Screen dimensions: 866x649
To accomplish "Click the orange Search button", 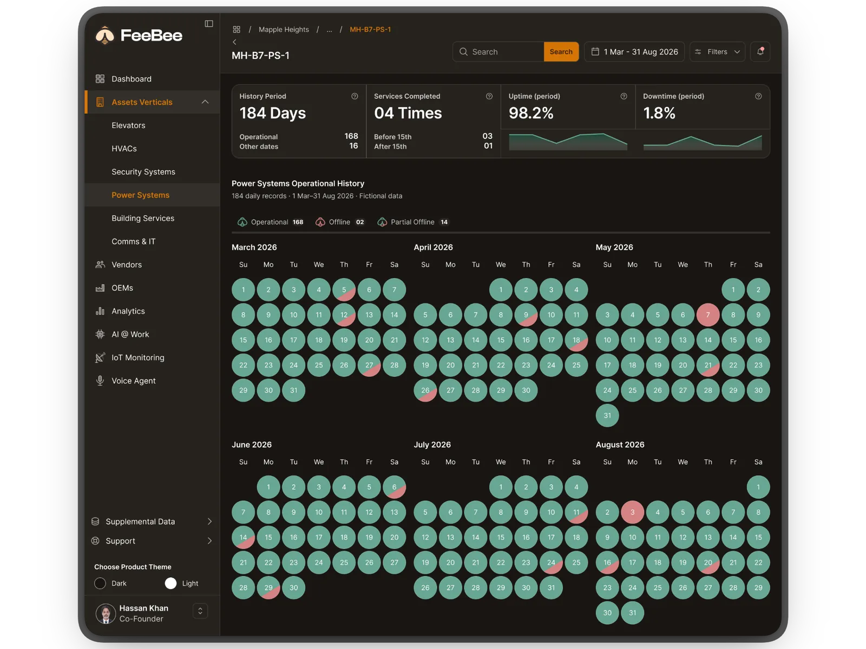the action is [x=561, y=51].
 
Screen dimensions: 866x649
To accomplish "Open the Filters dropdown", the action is [x=717, y=51].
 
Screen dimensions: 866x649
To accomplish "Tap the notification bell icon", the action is [x=760, y=51].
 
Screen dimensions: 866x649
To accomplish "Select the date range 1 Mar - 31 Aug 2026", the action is [x=634, y=51].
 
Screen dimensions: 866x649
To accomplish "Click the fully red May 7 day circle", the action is [x=708, y=315].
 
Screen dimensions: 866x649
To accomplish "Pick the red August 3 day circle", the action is [x=632, y=512].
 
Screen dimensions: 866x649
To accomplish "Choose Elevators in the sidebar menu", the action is [x=128, y=125].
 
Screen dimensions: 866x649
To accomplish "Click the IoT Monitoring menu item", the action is [x=137, y=357].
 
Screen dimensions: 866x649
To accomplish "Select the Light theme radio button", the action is [x=170, y=583].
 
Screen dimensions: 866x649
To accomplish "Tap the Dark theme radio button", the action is [x=100, y=583].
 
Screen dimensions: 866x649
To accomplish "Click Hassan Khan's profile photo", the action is [x=106, y=613].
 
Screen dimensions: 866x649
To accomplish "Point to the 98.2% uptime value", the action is [x=531, y=113].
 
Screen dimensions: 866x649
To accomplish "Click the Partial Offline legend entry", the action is [x=413, y=222].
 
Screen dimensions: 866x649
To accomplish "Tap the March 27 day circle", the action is [x=369, y=365].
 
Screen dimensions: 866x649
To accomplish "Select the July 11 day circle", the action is [x=576, y=512].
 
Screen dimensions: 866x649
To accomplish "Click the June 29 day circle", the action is [x=268, y=587].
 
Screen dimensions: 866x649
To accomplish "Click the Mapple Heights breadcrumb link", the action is [x=284, y=30].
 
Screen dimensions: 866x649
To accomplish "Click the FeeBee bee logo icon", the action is [x=105, y=36].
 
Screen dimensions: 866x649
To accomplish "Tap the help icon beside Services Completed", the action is [x=489, y=96].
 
